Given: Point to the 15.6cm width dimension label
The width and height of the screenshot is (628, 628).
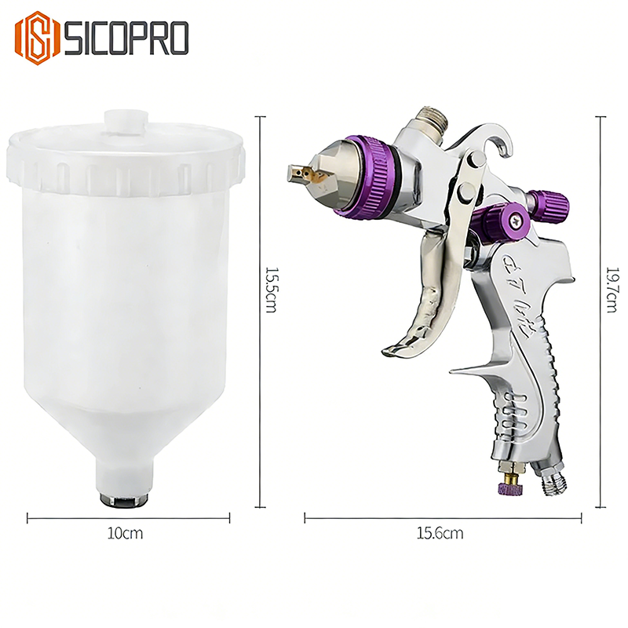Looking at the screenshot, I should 440,534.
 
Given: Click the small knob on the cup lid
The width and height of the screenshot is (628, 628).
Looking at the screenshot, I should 125,123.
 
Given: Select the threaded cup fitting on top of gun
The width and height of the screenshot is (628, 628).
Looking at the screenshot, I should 431,118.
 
